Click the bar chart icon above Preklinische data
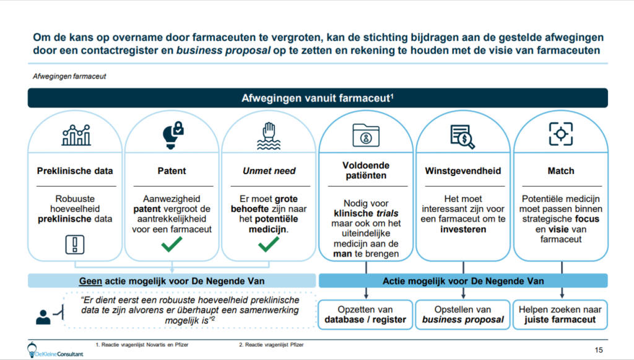tap(76, 134)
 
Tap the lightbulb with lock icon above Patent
tap(173, 135)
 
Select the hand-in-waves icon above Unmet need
tap(269, 136)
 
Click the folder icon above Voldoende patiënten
tap(366, 135)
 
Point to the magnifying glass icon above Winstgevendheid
tap(463, 137)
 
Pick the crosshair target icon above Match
tap(561, 134)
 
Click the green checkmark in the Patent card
tap(172, 244)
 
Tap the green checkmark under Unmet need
tap(269, 244)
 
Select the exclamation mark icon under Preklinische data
tap(75, 244)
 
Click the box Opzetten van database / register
tap(365, 315)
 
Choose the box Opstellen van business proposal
tap(463, 315)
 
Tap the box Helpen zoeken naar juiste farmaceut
tap(560, 315)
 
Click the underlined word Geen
tap(90, 281)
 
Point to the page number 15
tap(599, 350)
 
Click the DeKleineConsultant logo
tap(55, 351)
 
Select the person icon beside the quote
tap(43, 317)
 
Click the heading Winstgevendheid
tap(463, 170)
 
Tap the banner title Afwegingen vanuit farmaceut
tap(318, 98)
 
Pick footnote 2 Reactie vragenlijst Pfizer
tap(271, 345)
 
